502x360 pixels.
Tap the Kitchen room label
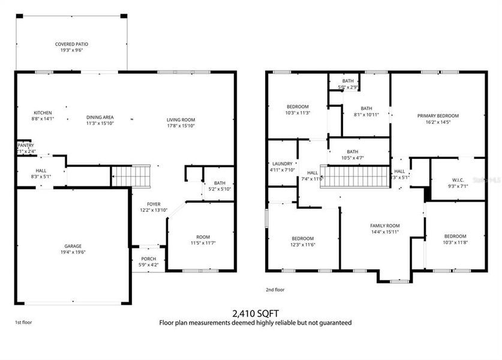coord(42,113)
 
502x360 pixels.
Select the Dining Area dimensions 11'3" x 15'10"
coord(100,123)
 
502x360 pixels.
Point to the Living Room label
coord(181,120)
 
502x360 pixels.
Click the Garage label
coord(73,246)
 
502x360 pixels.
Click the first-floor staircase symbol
coord(131,176)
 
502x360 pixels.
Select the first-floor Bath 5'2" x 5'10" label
coord(219,184)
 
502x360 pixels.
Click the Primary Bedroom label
coord(438,116)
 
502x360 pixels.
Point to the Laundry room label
coord(282,163)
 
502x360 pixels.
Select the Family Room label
coord(384,226)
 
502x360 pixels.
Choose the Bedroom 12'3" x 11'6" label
coord(303,238)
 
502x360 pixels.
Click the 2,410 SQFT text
coord(255,313)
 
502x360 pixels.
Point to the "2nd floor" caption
coord(275,290)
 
